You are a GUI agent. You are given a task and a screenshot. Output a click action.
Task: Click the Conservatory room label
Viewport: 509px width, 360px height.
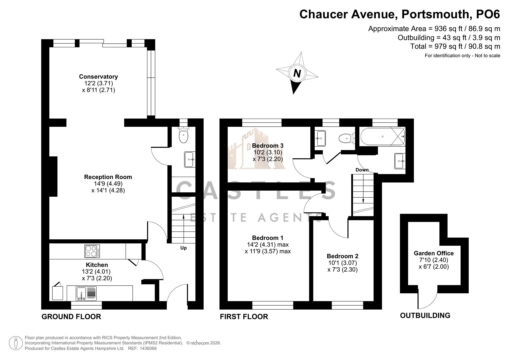(x=98, y=77)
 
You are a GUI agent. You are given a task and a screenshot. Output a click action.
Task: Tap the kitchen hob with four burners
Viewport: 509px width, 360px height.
(x=92, y=251)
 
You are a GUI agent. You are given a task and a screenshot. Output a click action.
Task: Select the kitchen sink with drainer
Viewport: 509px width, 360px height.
(x=86, y=294)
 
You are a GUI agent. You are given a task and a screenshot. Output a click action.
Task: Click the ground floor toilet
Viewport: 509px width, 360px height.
(x=183, y=135)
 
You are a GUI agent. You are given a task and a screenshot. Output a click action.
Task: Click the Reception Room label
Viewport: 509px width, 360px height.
(x=108, y=177)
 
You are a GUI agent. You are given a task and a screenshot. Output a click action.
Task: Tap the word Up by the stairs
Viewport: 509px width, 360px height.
(x=183, y=248)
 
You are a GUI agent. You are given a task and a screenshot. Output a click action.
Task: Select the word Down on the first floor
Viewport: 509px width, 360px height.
(x=362, y=170)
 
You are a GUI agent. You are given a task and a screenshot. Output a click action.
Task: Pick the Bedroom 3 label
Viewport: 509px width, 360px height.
(x=268, y=146)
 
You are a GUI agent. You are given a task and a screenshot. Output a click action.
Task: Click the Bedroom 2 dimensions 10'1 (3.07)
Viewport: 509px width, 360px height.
(x=342, y=263)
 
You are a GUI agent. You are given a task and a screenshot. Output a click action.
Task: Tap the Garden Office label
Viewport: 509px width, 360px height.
(x=434, y=253)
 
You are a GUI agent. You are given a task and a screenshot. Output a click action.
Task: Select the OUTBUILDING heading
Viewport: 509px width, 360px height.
(x=425, y=315)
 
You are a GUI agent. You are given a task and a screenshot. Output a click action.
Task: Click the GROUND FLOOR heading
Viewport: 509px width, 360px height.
(x=71, y=317)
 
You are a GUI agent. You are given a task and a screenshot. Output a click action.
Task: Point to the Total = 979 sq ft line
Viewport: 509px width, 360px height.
(x=455, y=46)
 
